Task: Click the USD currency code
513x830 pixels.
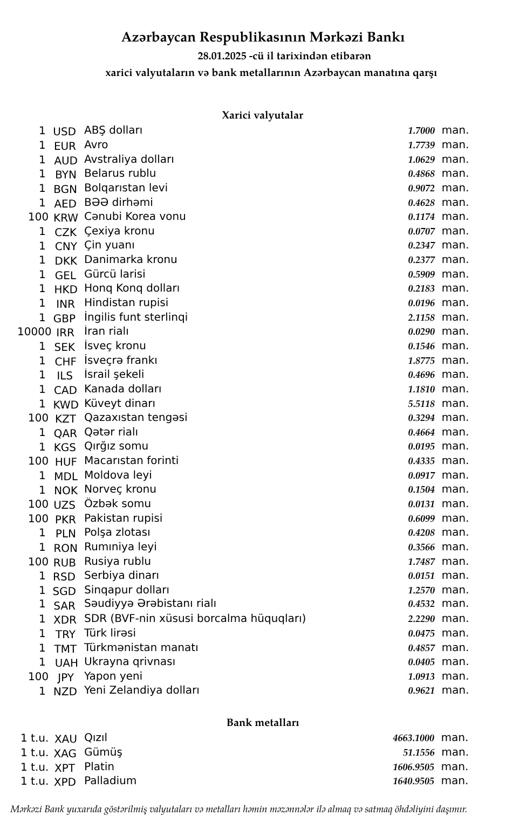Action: coord(65,132)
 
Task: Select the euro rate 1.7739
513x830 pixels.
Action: coord(421,146)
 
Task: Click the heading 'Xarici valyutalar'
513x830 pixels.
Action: coord(262,115)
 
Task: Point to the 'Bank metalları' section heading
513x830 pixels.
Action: coord(262,723)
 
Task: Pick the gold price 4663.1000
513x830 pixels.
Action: coord(413,738)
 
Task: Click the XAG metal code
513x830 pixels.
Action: coord(65,753)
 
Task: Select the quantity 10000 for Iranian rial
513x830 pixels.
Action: coord(34,332)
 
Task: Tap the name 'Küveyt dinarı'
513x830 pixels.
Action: coord(120,403)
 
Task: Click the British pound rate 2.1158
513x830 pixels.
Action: coord(421,318)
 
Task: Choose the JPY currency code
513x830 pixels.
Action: coord(65,677)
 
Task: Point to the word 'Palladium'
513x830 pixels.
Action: coord(110,781)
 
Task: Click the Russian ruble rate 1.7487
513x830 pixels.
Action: coord(421,562)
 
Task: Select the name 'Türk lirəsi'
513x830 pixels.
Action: coord(110,633)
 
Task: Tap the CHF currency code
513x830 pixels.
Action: coord(65,361)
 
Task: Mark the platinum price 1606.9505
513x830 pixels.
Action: coord(413,767)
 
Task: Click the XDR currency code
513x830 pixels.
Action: coord(65,620)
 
